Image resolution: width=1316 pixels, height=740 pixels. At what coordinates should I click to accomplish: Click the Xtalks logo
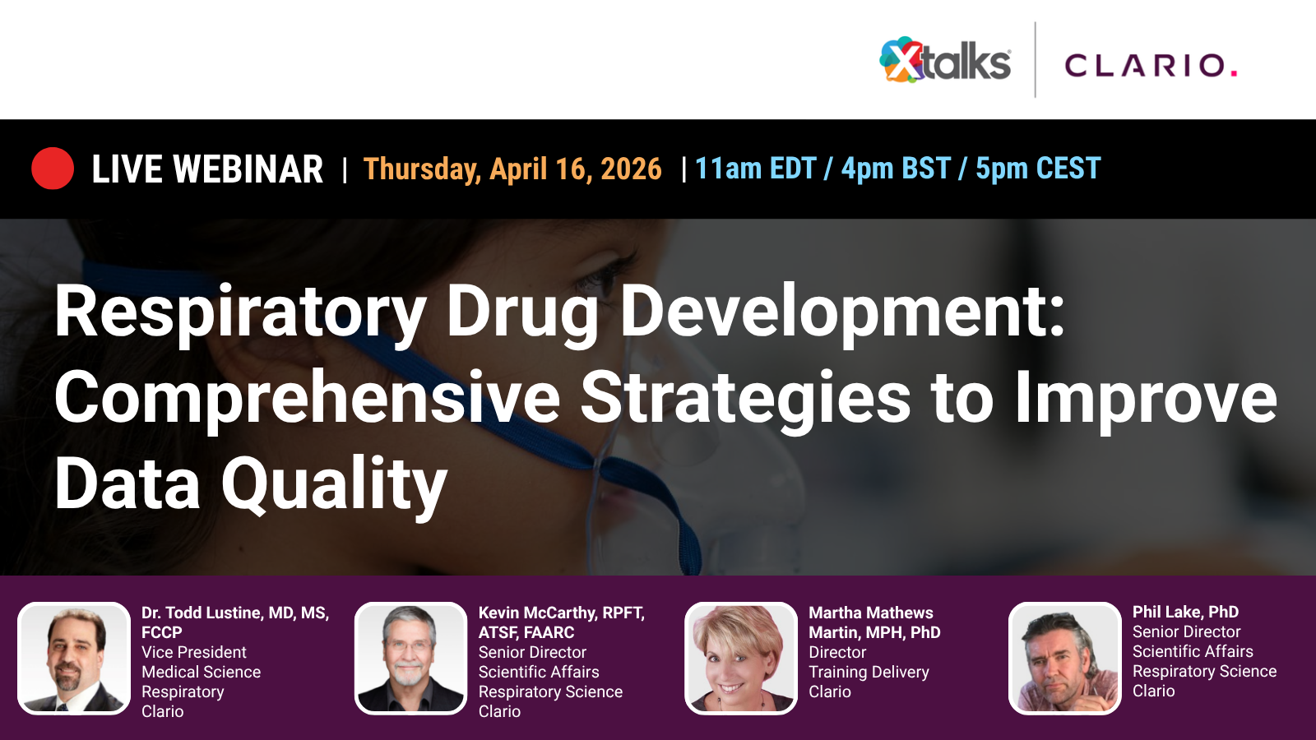pos(945,61)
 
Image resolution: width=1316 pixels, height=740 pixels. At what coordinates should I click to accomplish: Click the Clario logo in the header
pos(1151,65)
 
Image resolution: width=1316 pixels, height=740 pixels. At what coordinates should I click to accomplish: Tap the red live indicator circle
pos(53,169)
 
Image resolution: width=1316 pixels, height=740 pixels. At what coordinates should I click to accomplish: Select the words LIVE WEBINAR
pos(207,169)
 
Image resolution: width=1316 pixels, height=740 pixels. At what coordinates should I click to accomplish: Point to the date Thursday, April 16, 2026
pos(512,169)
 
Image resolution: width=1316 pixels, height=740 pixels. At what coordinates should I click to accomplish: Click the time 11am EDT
pos(755,169)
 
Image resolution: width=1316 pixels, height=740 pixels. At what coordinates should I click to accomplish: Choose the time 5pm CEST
pos(1038,169)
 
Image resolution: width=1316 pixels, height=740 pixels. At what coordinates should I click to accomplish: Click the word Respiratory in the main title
pos(239,312)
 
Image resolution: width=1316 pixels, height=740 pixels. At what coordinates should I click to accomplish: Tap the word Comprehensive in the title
pos(307,398)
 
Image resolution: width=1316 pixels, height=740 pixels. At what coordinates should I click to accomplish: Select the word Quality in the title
pos(334,485)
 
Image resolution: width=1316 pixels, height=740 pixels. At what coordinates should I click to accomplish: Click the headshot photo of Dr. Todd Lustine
pos(74,659)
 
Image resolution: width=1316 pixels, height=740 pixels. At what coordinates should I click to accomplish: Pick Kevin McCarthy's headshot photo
pos(411,659)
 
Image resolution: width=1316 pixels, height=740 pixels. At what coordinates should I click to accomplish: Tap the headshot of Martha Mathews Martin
pos(741,659)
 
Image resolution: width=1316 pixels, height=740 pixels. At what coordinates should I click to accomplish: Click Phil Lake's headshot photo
pos(1065,659)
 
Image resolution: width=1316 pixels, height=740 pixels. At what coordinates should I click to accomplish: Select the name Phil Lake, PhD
pos(1185,612)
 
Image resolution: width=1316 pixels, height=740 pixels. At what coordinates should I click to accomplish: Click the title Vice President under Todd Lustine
pos(193,652)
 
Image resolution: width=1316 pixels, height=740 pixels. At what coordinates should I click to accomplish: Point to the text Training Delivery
pos(869,672)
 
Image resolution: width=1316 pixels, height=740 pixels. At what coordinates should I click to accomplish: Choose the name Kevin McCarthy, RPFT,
pos(561,613)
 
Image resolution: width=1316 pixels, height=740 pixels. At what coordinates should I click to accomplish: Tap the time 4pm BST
pos(896,169)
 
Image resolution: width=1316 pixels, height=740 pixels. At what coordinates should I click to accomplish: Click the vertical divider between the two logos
pos(1035,60)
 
